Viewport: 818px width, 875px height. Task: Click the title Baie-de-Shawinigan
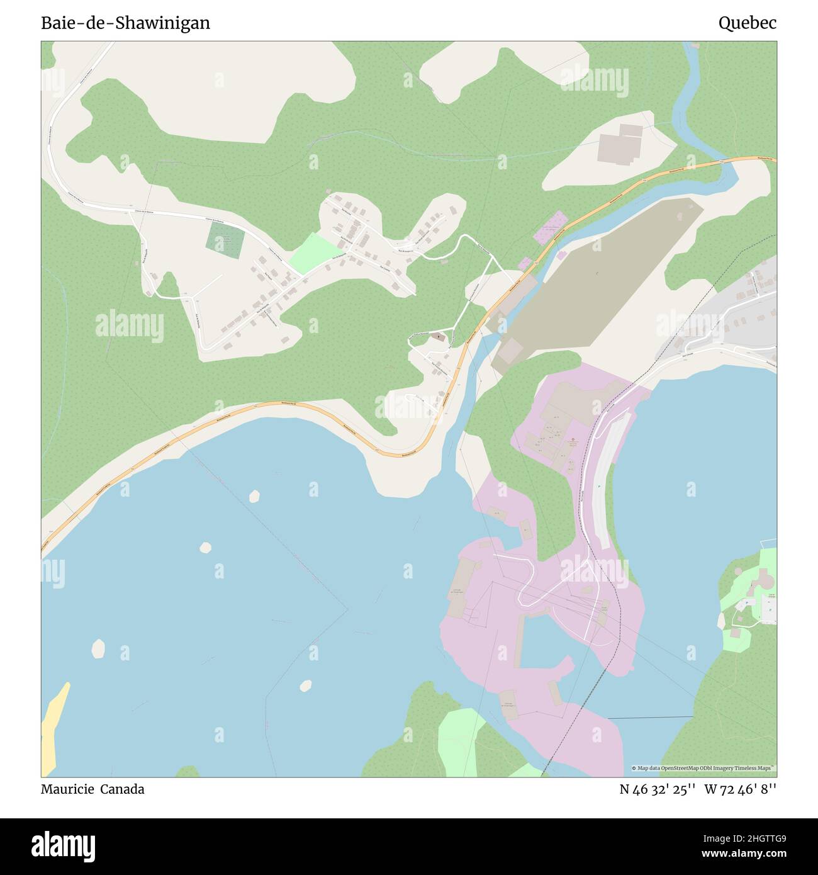pos(125,23)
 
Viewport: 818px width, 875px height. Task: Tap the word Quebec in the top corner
pos(747,23)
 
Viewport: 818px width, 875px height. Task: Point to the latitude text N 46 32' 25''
pos(657,789)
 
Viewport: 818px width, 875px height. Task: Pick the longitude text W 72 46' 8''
pos(740,789)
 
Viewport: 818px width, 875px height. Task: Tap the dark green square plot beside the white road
pos(225,240)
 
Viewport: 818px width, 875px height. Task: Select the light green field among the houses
pos(315,252)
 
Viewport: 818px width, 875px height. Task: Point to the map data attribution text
pos(703,768)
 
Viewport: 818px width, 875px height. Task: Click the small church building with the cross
pos(439,339)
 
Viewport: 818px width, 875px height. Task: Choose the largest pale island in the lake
pos(98,648)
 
